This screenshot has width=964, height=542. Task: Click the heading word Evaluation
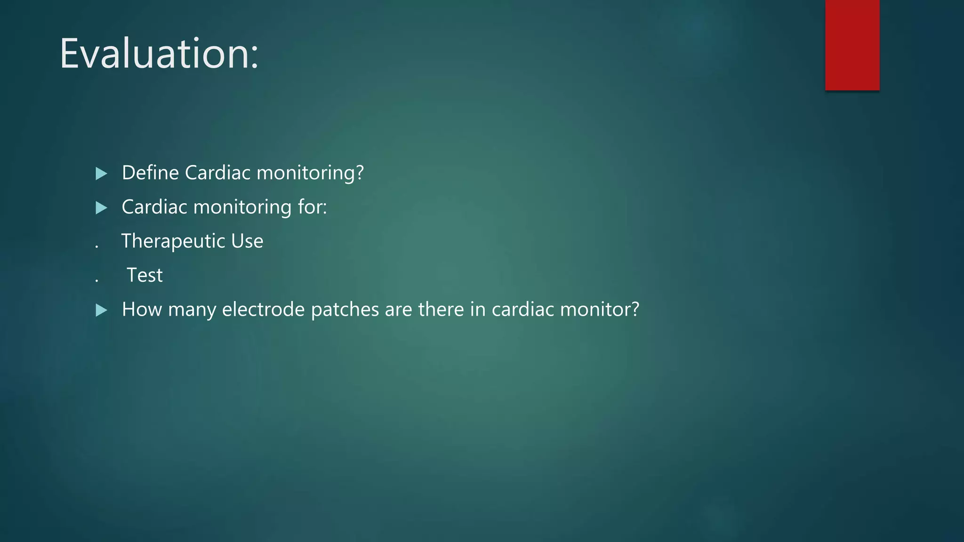point(159,54)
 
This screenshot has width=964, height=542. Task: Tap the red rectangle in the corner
point(852,45)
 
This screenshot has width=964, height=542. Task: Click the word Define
point(150,173)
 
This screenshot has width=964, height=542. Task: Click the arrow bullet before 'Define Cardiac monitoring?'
point(101,174)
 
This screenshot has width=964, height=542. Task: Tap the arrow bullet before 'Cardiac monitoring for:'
point(101,207)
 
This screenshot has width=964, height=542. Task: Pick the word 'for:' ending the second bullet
point(312,207)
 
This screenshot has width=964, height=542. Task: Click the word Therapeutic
point(173,241)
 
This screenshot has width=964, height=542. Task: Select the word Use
point(247,241)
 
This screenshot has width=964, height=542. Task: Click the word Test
point(145,275)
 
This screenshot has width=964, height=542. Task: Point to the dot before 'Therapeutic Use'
point(96,246)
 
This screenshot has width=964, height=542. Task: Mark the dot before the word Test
point(96,280)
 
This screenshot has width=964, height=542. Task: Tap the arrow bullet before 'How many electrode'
point(101,310)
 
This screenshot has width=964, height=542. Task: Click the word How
point(142,310)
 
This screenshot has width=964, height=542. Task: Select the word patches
point(345,310)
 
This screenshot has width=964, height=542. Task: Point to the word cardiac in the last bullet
point(522,310)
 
